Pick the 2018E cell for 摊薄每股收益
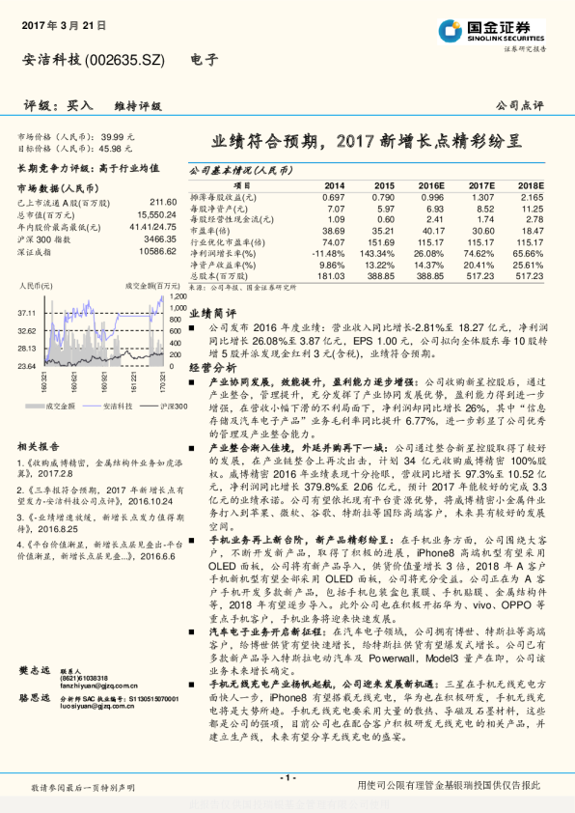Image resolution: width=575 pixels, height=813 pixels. click(531, 197)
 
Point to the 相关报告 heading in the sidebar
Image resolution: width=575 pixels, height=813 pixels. click(41, 447)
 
